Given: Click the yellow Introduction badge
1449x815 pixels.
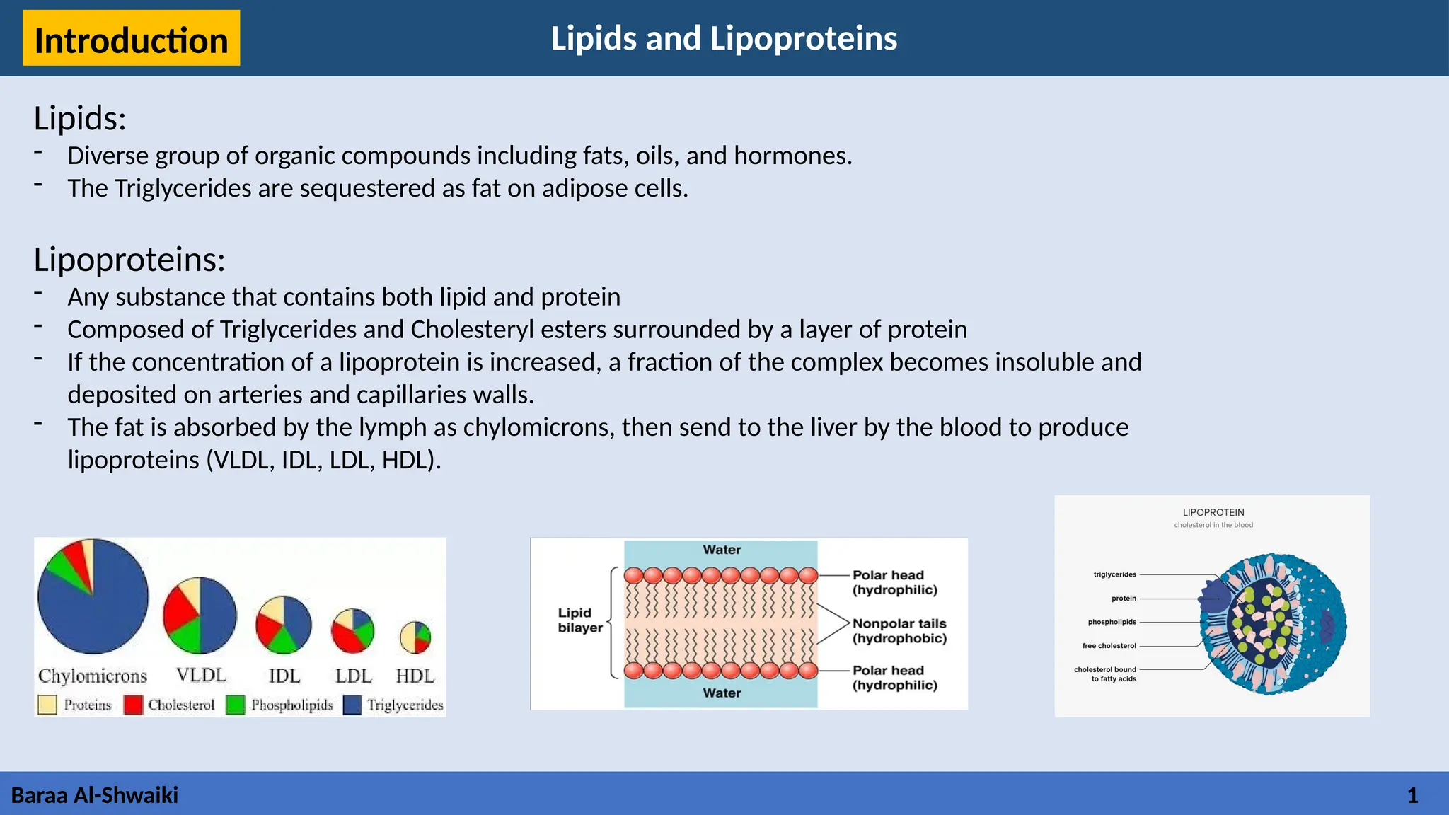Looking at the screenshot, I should (x=131, y=39).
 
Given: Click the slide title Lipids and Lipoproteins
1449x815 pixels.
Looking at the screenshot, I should (x=724, y=38).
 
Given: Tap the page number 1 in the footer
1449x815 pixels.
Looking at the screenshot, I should (x=1412, y=795).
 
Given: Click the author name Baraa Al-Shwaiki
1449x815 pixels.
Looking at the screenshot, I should (x=95, y=795).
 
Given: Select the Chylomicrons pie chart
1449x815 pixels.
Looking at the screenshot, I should (x=93, y=596).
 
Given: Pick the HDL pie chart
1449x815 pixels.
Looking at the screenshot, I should (x=415, y=637).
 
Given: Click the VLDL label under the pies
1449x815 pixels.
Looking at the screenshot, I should (x=201, y=675).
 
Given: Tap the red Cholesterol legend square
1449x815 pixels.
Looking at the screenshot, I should (x=133, y=705).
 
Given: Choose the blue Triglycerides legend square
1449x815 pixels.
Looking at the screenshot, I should (x=352, y=705).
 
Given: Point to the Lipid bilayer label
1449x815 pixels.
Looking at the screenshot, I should (x=580, y=620).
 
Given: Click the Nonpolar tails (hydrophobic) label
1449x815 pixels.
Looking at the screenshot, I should (x=899, y=630).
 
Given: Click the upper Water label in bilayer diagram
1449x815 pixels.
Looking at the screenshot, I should (x=722, y=550).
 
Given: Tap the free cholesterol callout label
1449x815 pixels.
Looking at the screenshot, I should (x=1109, y=645).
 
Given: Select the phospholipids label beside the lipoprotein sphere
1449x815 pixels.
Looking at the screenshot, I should (x=1112, y=622).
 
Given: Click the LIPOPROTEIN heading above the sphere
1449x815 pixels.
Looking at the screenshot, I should (x=1213, y=512).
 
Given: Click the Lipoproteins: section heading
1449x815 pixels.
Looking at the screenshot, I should (x=129, y=260).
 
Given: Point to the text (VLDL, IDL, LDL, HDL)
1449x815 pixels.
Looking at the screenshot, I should (x=323, y=460).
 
